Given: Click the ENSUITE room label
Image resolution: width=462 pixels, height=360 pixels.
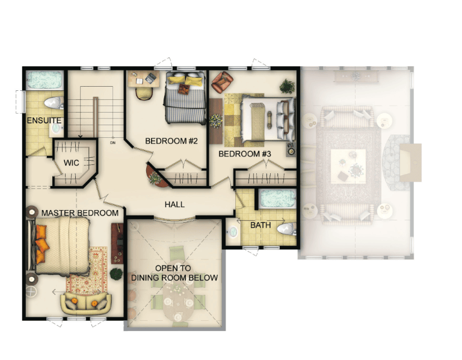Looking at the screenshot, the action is [x=44, y=120].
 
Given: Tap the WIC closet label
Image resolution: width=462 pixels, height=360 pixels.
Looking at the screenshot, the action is [x=72, y=163].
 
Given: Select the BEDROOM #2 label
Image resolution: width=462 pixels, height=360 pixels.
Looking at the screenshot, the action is [x=171, y=141].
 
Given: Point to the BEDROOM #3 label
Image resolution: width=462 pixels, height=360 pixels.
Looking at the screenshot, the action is [x=245, y=154].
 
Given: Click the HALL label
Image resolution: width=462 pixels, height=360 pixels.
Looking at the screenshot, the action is [x=174, y=204].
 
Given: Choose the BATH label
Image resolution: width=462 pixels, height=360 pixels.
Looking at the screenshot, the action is [x=260, y=225].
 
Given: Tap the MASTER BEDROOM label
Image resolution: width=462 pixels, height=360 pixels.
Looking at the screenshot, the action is [x=80, y=213].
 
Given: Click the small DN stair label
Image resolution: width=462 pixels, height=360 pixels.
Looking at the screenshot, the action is [x=112, y=143].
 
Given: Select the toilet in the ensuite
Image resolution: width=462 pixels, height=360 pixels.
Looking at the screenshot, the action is [x=54, y=103].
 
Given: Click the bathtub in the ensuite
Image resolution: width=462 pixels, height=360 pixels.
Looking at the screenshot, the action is [x=44, y=80].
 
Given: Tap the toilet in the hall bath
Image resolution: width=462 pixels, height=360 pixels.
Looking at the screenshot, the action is [x=286, y=229].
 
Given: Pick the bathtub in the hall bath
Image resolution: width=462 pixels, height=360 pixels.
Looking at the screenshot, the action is [x=277, y=199].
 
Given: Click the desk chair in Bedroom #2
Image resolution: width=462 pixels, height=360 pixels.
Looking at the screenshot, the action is [x=144, y=93].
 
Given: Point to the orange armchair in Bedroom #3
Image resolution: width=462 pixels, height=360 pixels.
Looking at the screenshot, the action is [x=223, y=82].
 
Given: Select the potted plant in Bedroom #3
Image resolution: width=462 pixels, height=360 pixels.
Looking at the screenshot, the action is [x=287, y=86].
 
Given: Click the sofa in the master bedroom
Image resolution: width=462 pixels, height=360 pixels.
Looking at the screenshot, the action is [x=86, y=303].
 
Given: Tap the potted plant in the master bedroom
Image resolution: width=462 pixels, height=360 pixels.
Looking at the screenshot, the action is [x=116, y=274].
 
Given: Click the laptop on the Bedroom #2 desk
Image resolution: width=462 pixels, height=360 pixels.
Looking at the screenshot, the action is [x=151, y=78].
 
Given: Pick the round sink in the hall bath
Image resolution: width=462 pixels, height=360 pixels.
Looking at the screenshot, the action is [x=233, y=232].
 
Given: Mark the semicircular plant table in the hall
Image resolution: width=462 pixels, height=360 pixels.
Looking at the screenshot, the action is [x=155, y=177].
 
